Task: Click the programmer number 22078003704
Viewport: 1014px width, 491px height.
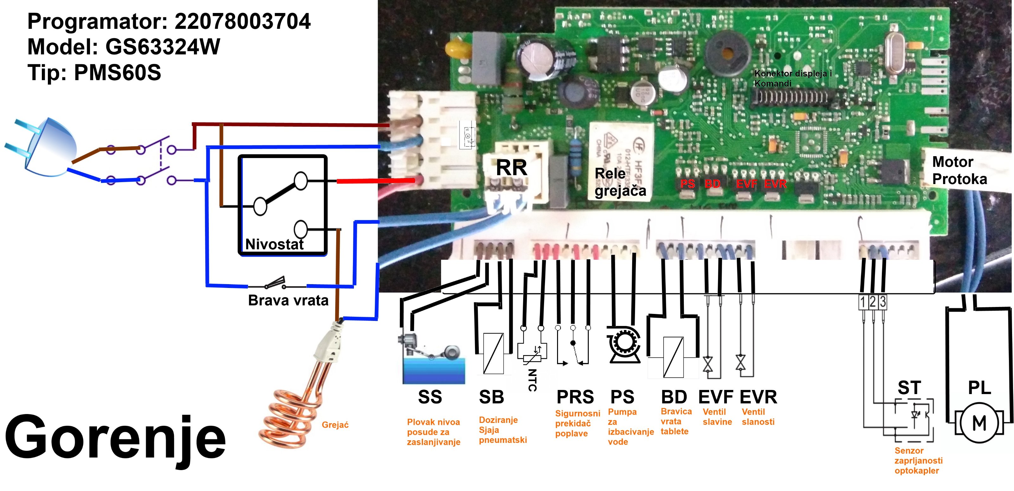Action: pyautogui.click(x=242, y=21)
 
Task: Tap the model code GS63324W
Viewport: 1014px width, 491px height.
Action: pyautogui.click(x=163, y=47)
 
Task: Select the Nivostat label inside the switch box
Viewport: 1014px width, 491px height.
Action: pyautogui.click(x=274, y=244)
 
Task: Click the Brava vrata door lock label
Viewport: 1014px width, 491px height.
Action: pyautogui.click(x=288, y=301)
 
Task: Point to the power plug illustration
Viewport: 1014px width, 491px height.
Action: pyautogui.click(x=47, y=148)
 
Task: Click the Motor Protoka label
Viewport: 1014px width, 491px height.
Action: pyautogui.click(x=959, y=170)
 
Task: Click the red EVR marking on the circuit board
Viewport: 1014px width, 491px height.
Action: pyautogui.click(x=775, y=184)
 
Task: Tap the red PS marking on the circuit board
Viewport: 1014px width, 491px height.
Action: pyautogui.click(x=687, y=184)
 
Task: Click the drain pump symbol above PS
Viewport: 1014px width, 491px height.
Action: pyautogui.click(x=624, y=344)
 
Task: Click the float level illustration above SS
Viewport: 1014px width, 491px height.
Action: pyautogui.click(x=433, y=359)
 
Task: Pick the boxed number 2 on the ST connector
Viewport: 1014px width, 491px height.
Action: pyautogui.click(x=873, y=302)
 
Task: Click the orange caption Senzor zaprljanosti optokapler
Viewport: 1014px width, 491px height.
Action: pyautogui.click(x=918, y=460)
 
